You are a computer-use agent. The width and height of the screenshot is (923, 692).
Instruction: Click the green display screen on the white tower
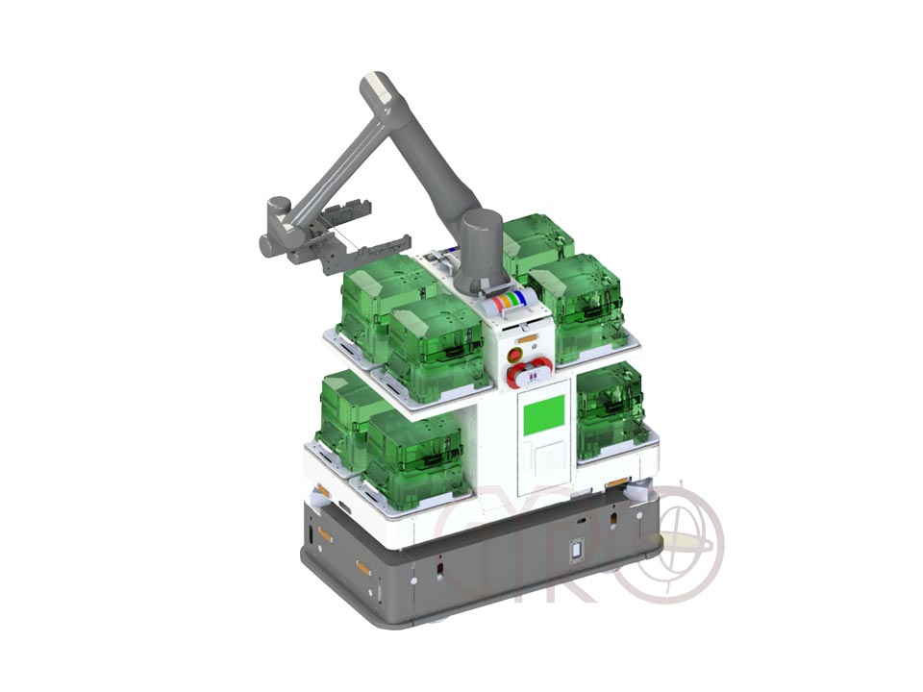(x=543, y=415)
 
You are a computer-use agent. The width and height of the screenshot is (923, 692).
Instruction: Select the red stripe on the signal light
(x=497, y=305)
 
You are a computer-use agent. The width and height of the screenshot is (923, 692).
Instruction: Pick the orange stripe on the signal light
(x=504, y=303)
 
